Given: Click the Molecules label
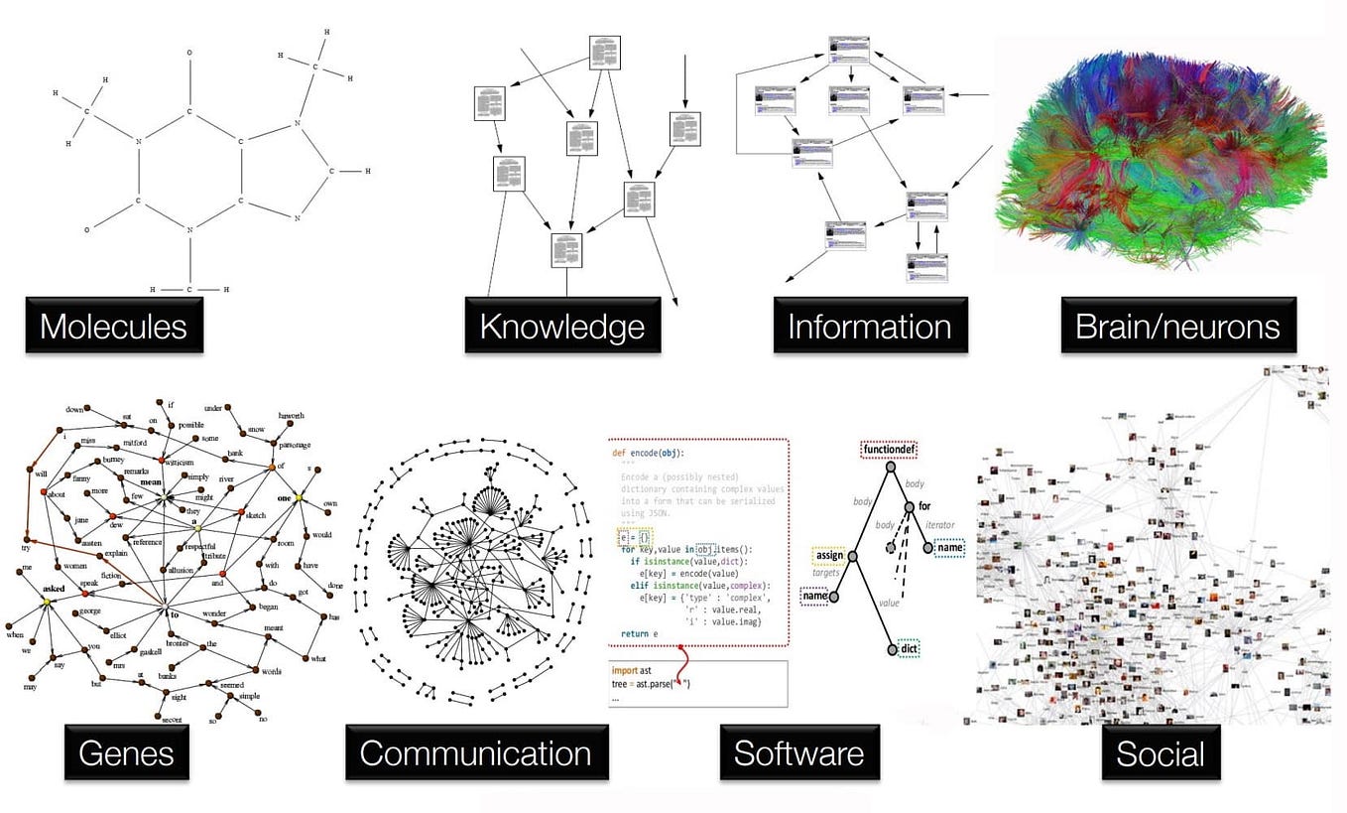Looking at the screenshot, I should pos(113,326).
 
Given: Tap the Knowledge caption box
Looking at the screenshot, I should pos(562,326).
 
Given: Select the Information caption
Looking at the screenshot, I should pos(869,326).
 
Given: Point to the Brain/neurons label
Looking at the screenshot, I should pos(1177,326).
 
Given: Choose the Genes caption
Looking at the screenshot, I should pos(126,752).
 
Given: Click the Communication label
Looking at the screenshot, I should pos(475,752).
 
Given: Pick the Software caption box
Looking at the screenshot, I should pos(798,752).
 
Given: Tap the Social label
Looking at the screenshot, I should pos(1161,754).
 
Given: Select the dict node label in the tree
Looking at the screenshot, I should pos(910,648).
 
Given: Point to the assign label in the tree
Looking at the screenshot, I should pos(829,555).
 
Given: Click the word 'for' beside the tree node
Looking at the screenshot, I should pos(925,506).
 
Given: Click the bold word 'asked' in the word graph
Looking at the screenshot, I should pos(53,588).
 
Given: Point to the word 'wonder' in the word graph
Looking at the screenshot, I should pos(215,614).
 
